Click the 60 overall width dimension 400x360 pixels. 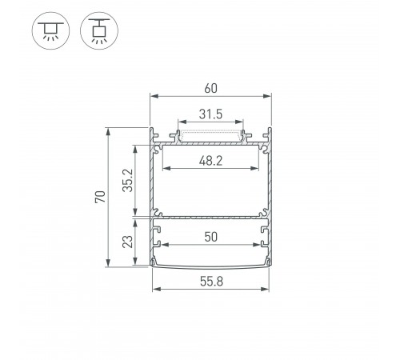point(211,87)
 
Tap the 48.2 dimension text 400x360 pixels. point(211,159)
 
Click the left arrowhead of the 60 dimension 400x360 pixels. point(153,97)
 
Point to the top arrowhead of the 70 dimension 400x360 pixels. point(107,129)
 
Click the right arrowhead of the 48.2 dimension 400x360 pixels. point(260,169)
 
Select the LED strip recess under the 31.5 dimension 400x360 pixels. point(211,134)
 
